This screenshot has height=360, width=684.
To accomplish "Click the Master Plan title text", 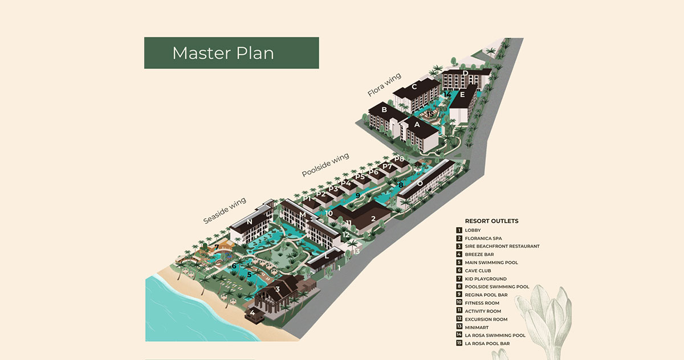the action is point(223,53).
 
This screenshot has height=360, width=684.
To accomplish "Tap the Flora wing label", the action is point(384,85).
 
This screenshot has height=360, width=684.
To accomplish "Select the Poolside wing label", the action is point(325,165).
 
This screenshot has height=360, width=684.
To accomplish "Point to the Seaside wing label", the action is point(225,211).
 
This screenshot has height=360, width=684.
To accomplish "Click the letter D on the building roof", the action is point(465,73).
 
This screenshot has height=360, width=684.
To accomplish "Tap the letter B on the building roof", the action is point(384,109).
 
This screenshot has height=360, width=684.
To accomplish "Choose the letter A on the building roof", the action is point(417,125).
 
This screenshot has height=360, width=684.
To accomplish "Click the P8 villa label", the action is point(399,159).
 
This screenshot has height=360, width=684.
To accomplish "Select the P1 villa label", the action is point(307,199).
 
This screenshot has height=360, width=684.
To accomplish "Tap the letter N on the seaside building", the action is point(250,222).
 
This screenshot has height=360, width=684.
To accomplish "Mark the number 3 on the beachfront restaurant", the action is point(278,289).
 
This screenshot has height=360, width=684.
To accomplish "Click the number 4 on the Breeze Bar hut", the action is point(252,312).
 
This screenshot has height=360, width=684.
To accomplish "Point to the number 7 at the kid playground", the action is point(217,247).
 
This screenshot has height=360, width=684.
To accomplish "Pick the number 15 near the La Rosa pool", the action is point(430,114).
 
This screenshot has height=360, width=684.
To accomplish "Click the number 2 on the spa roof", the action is point(373,218).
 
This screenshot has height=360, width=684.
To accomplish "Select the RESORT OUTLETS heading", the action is point(491,221).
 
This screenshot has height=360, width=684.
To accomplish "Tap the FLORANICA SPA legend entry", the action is point(483,238).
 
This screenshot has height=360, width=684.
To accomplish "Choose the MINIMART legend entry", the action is point(477,328).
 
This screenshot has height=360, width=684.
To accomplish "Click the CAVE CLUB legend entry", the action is point(478,271).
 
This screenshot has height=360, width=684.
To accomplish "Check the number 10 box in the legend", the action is point(459,302).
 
